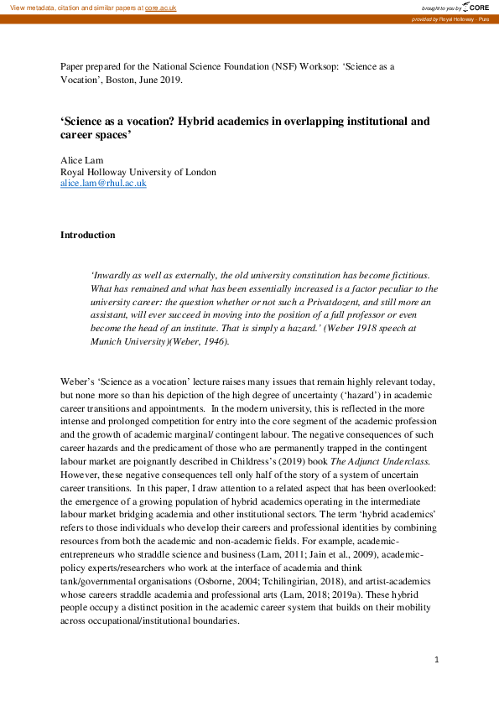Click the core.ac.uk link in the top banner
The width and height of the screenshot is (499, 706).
click(162, 7)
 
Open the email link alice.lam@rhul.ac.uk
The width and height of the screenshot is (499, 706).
click(103, 183)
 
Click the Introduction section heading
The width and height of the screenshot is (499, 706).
click(88, 235)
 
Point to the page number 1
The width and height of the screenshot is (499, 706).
click(437, 661)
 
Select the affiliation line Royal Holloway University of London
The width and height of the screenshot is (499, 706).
click(138, 172)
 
